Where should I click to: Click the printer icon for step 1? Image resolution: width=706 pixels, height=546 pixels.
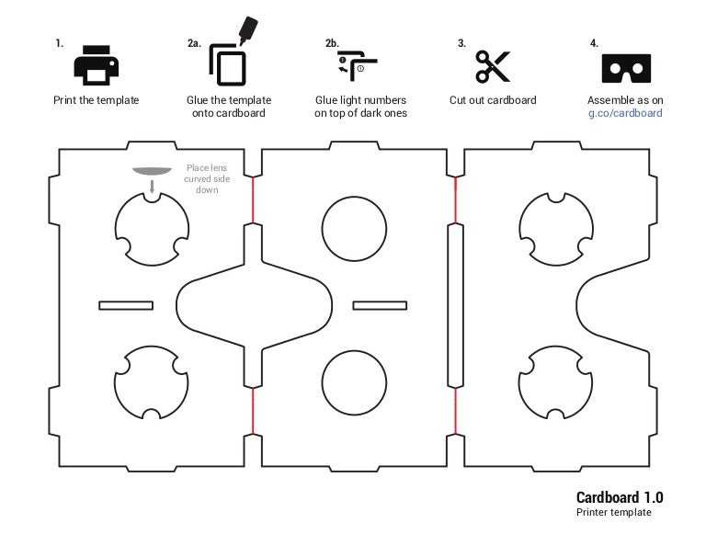pyautogui.click(x=97, y=65)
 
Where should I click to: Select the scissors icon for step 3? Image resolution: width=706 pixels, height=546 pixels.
pyautogui.click(x=493, y=66)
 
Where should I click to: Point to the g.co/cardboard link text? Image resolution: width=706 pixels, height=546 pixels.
pyautogui.click(x=625, y=113)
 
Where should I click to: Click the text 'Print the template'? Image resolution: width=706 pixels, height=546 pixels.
pyautogui.click(x=97, y=100)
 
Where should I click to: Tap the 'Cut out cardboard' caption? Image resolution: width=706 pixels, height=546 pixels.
pyautogui.click(x=493, y=100)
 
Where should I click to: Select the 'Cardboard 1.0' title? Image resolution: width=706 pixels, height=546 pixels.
pyautogui.click(x=619, y=497)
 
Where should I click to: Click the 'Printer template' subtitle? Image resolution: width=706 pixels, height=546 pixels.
pyautogui.click(x=613, y=513)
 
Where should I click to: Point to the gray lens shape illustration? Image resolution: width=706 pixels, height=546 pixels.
pyautogui.click(x=153, y=171)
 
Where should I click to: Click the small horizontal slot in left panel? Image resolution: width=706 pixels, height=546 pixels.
pyautogui.click(x=127, y=305)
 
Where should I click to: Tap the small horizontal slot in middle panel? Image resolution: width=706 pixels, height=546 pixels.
pyautogui.click(x=380, y=305)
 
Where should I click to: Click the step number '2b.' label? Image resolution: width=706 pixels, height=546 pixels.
pyautogui.click(x=332, y=43)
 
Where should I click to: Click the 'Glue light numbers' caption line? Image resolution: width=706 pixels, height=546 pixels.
pyautogui.click(x=360, y=100)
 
